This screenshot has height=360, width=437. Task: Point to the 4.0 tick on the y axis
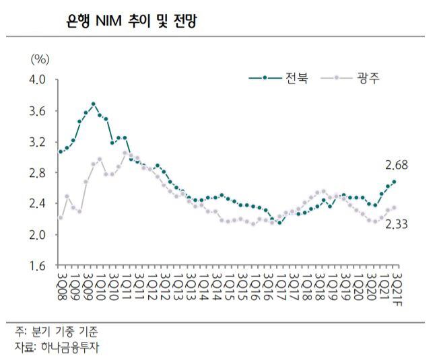pos(37,80)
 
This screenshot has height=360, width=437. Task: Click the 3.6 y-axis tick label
pos(37,111)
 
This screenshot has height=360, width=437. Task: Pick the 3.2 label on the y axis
pos(37,142)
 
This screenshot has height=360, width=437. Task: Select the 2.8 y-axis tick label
pos(37,173)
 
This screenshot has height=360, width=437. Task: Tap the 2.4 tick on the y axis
pos(37,204)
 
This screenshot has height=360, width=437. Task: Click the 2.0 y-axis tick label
pos(37,235)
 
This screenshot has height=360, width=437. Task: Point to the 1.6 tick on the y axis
pos(37,266)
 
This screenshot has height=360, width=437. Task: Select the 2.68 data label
pos(397,165)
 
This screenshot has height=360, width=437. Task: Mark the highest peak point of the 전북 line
pos(93,104)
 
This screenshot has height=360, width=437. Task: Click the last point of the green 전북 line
pos(394,182)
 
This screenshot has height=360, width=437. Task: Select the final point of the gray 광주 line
pos(394,208)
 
